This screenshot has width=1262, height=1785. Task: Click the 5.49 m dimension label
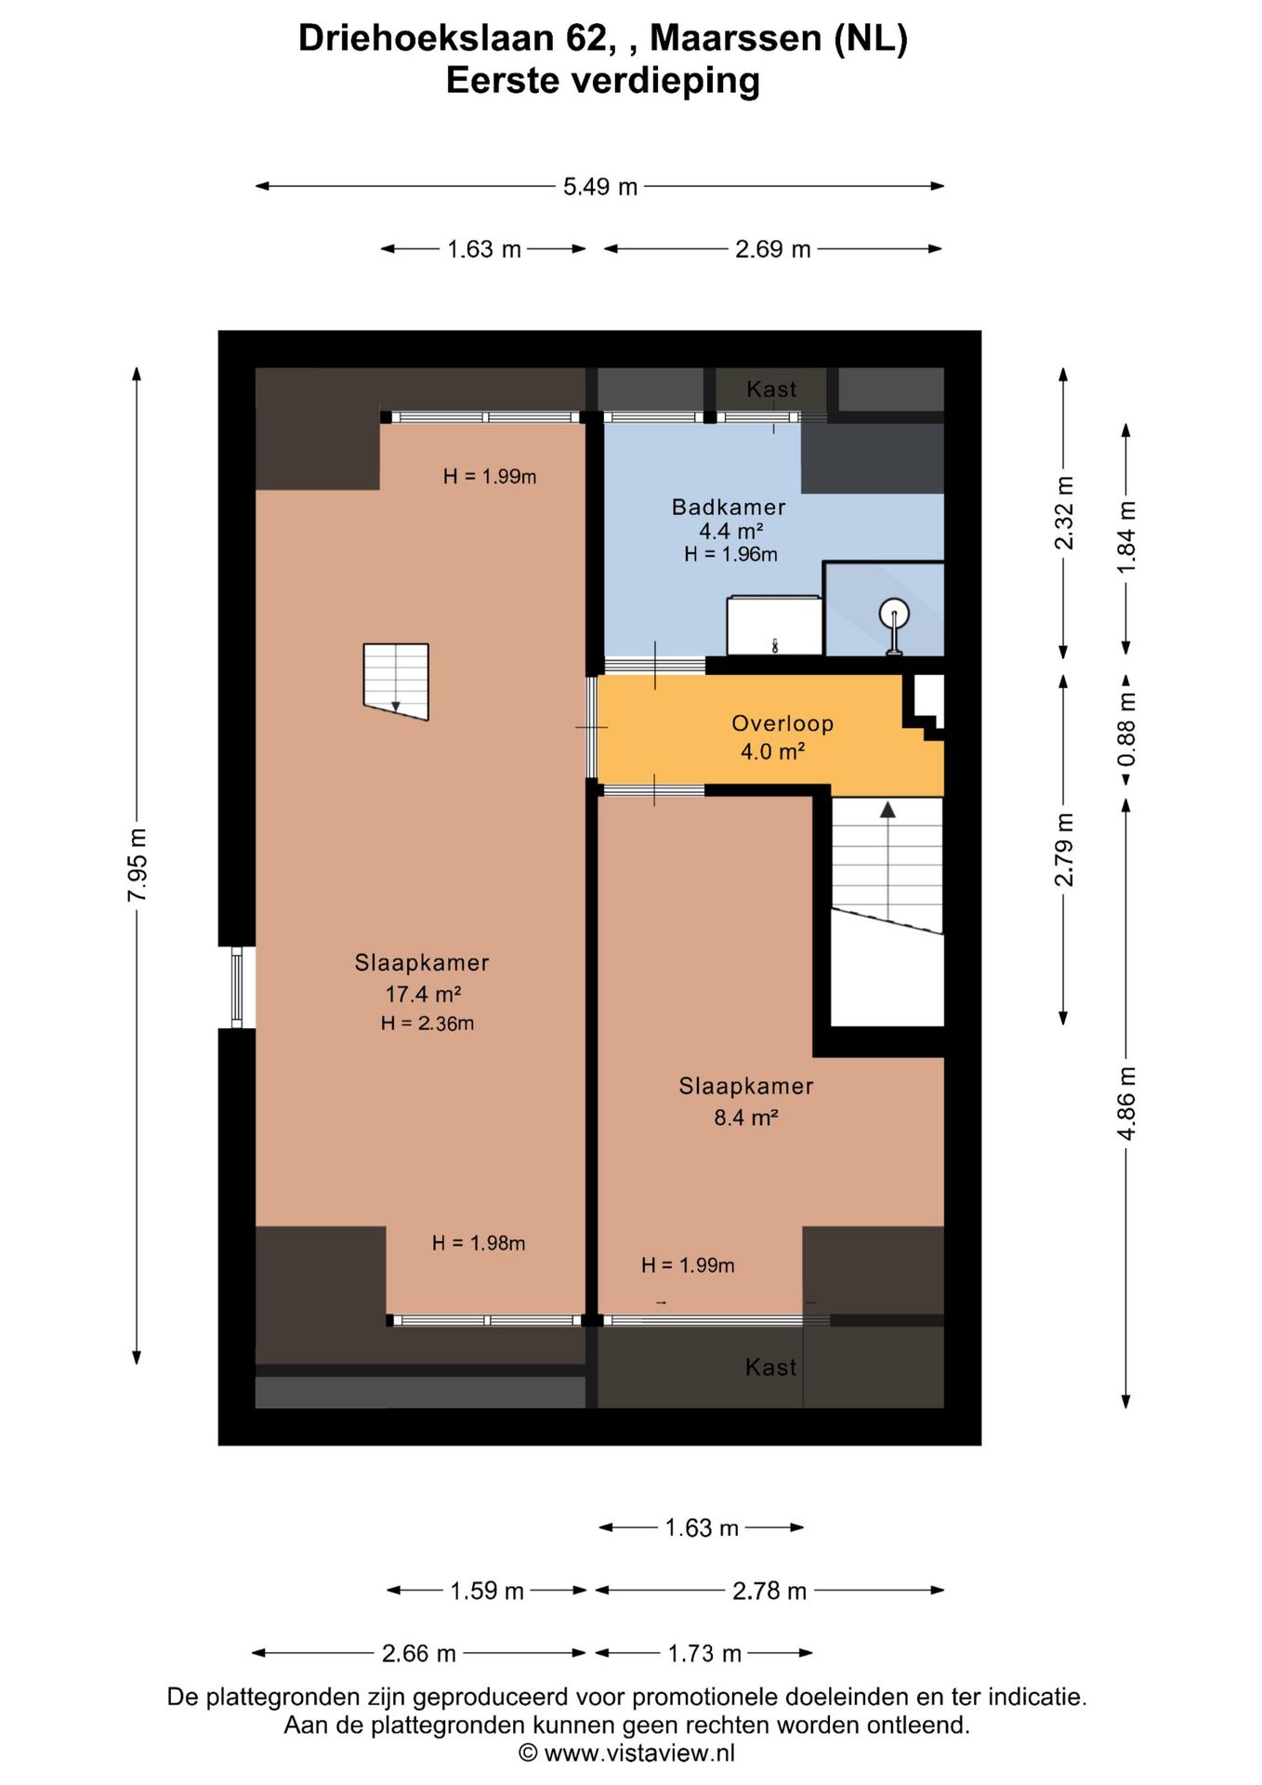[x=600, y=187]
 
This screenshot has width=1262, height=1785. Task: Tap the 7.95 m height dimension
[x=138, y=865]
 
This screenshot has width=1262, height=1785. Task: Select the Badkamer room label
[x=729, y=507]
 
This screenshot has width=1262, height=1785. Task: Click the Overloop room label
[x=782, y=723]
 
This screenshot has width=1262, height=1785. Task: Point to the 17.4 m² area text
[x=424, y=994]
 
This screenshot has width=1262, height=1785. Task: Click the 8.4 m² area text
[x=746, y=1117]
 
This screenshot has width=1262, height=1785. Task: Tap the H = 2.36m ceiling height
[x=427, y=1024]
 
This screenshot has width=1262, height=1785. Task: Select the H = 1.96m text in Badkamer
[x=731, y=554]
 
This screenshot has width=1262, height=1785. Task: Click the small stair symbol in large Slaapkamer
[x=396, y=681]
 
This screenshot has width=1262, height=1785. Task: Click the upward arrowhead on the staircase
[x=887, y=810]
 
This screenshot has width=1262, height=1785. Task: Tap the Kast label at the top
[x=771, y=390]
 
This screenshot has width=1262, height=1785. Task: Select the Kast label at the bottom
[x=770, y=1367]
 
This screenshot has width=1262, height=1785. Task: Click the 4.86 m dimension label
[x=1126, y=1104]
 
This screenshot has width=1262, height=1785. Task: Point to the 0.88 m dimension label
[x=1126, y=729]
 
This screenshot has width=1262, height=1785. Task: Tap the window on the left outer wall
[x=237, y=987]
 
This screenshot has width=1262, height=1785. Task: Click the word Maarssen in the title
[x=736, y=38]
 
